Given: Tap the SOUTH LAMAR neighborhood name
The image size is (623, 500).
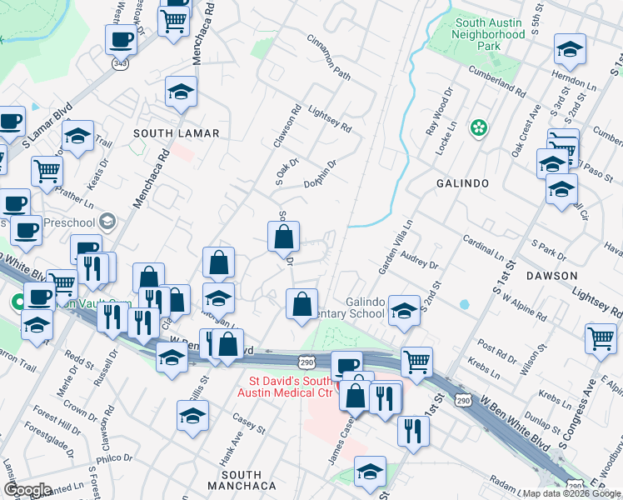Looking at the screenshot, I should click(x=176, y=133).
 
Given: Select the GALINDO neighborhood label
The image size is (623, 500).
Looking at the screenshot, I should click(x=462, y=182).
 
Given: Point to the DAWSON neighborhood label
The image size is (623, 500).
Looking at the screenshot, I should click(x=551, y=275).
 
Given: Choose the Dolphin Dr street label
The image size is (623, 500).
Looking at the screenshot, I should click(x=320, y=174).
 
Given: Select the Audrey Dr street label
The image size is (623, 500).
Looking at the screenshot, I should click(x=419, y=259).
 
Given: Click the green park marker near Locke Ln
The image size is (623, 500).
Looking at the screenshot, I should click(x=478, y=127).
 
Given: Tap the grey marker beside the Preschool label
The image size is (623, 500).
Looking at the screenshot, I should click(x=107, y=222).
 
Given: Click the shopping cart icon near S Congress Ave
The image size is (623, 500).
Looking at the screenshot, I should click(x=601, y=339).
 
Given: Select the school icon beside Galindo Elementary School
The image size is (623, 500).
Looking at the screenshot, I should click(x=404, y=312).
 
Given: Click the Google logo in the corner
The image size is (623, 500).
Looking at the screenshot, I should click(x=27, y=490).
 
